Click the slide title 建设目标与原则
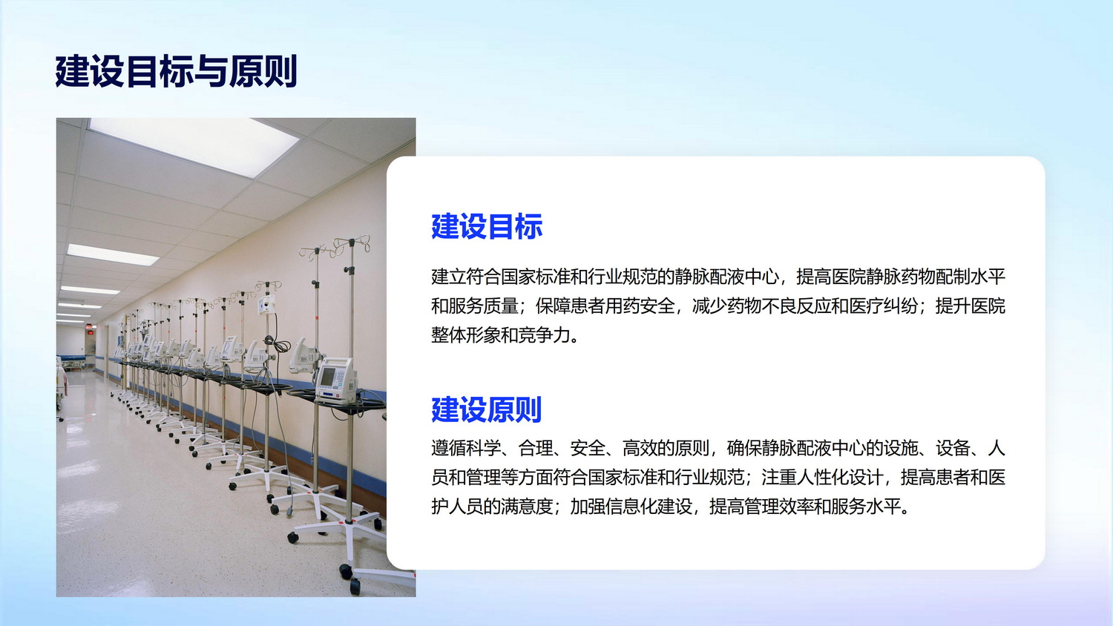[x=176, y=71]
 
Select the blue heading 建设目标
[x=487, y=227]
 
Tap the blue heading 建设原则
[x=487, y=410]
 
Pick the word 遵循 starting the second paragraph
[x=449, y=448]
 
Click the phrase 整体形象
[x=465, y=335]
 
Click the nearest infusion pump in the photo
[x=336, y=380]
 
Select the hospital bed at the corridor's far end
[x=74, y=361]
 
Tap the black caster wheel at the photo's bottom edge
[x=355, y=586]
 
